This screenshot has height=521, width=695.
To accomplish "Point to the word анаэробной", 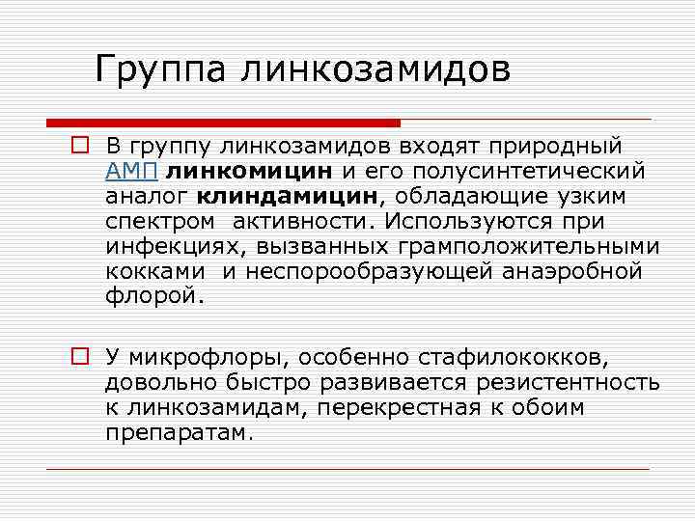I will coord(571,272).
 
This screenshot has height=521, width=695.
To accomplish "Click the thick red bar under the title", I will coord(223,123).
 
